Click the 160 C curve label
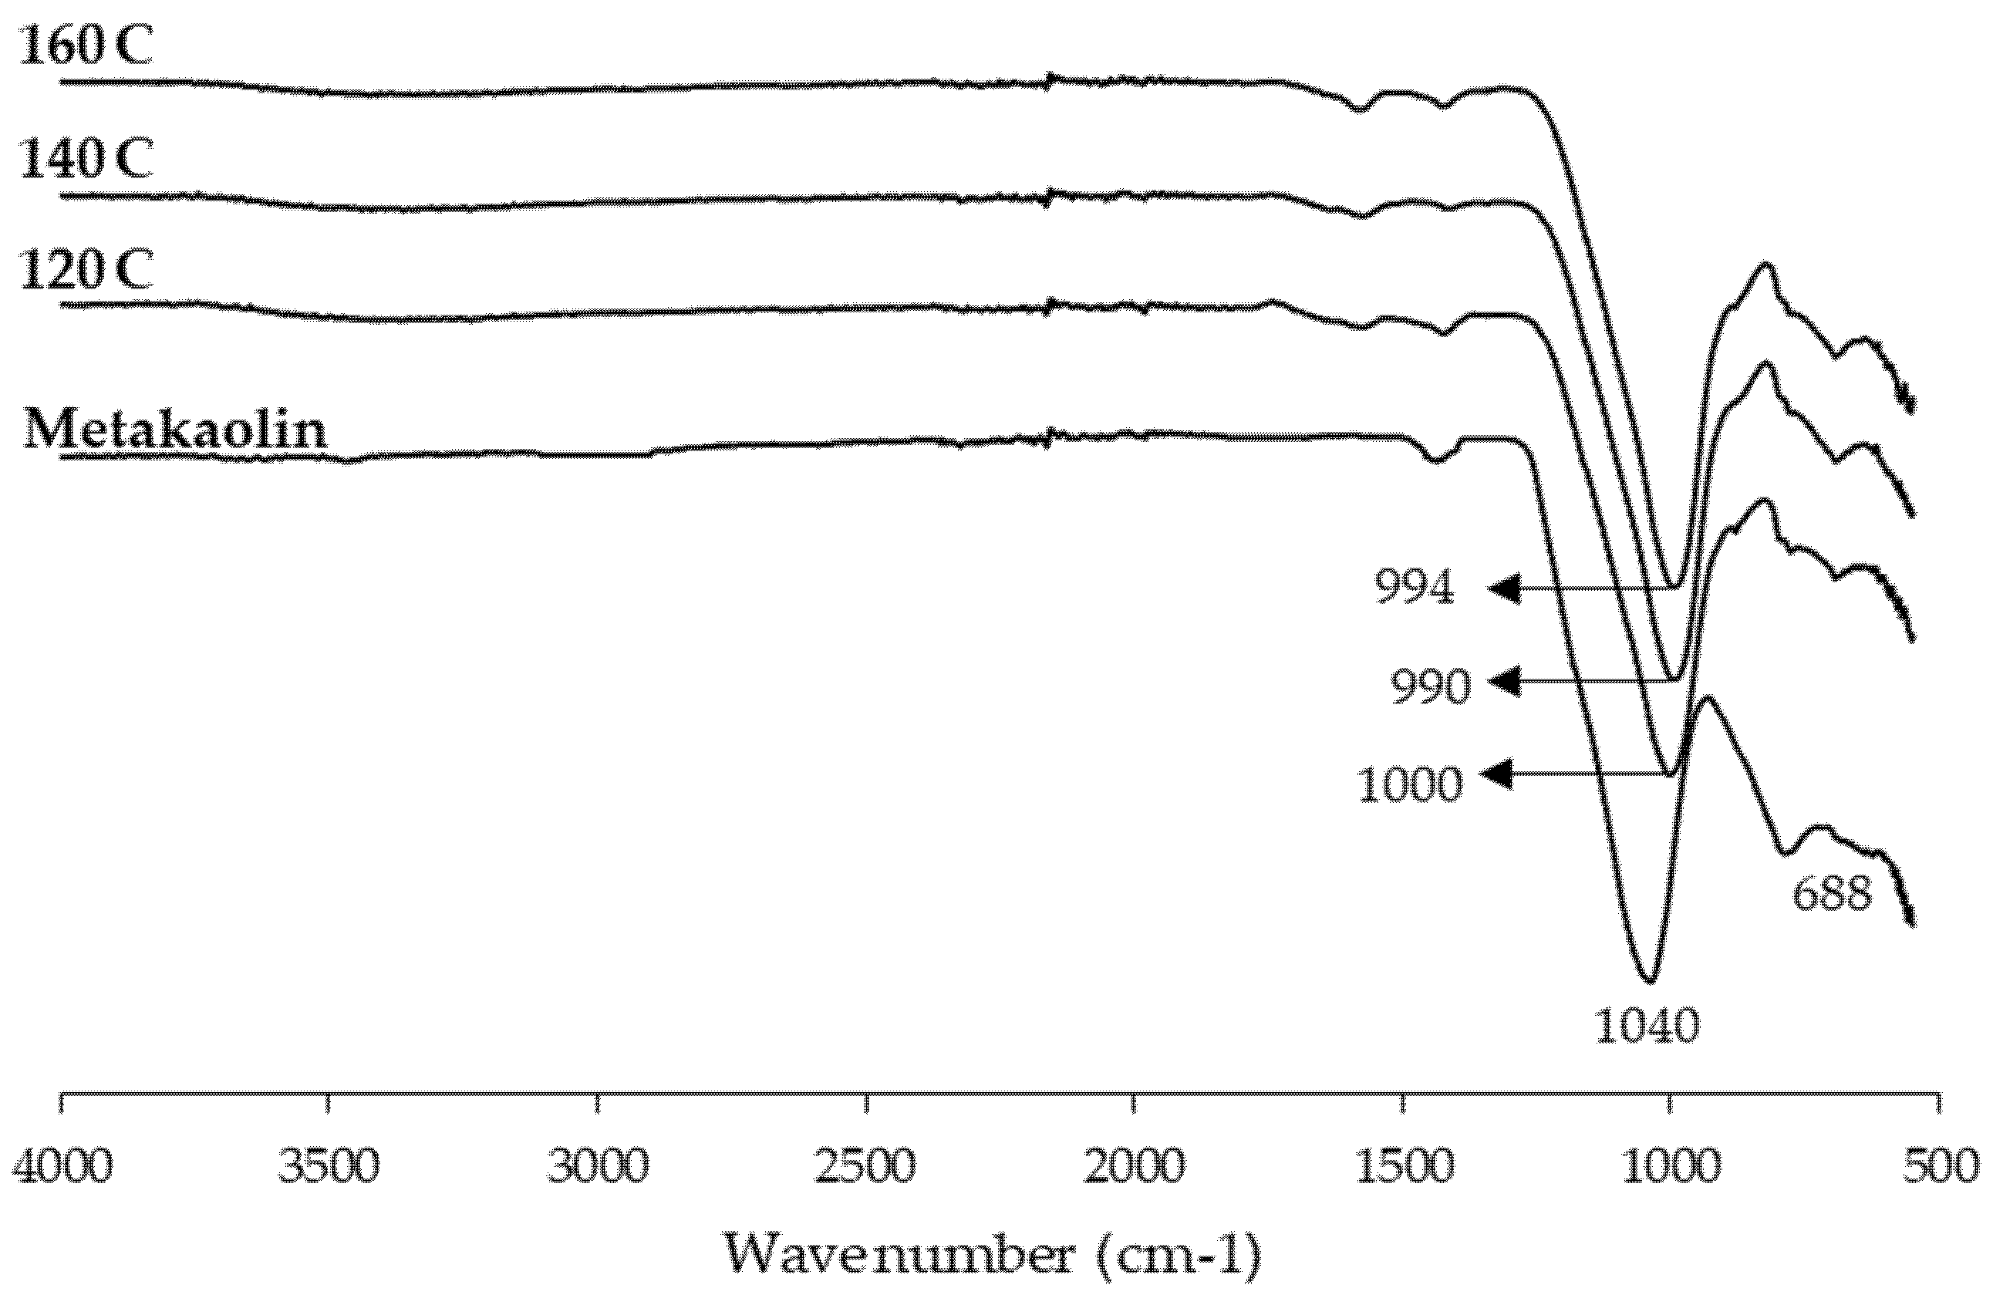[x=86, y=47]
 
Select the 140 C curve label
[x=86, y=158]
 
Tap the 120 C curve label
[x=86, y=270]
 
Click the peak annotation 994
[x=1415, y=588]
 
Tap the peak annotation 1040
[x=1647, y=1025]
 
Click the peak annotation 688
[x=1831, y=894]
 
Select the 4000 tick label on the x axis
[x=62, y=1167]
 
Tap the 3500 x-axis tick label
[x=329, y=1167]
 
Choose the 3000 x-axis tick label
[x=597, y=1167]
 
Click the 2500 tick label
[x=866, y=1167]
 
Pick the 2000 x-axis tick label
[x=1135, y=1167]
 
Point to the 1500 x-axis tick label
[x=1404, y=1167]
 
